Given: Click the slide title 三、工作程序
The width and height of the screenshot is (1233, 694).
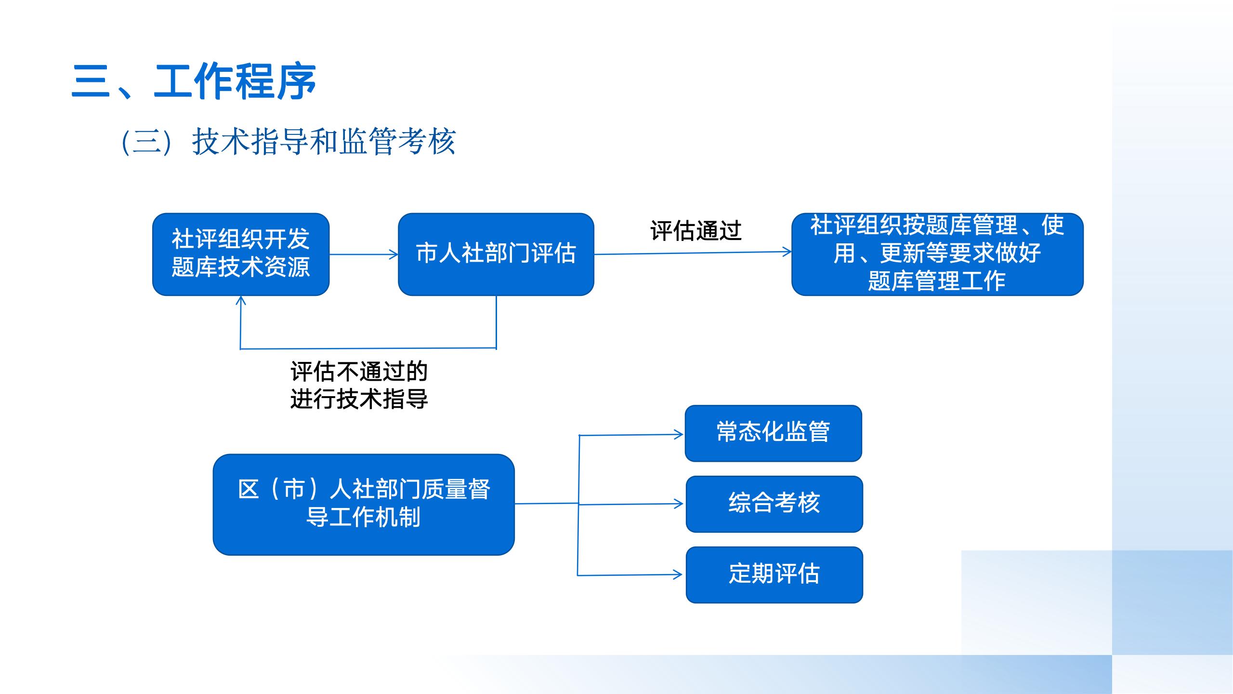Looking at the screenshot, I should point(194,81).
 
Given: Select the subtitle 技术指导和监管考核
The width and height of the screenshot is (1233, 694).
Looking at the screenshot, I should point(324,142).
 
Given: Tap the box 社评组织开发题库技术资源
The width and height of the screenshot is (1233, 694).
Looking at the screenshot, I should point(241,254).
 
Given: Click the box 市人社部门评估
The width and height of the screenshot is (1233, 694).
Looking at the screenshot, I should point(496,254).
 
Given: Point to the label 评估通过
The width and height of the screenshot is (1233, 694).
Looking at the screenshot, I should point(695,231).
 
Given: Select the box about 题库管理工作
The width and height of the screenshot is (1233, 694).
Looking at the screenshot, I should point(937,254).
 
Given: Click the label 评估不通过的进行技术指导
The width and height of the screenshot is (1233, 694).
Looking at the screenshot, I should point(359,385).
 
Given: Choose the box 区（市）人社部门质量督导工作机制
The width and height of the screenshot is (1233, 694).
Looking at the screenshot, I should point(364,504).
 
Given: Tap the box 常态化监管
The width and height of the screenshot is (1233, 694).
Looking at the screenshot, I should point(773,433).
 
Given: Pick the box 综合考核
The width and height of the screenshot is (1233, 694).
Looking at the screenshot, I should point(774,504).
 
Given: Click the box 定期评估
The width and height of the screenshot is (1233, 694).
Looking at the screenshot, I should point(774,574).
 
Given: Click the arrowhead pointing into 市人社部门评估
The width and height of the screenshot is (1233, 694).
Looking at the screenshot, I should point(394,254).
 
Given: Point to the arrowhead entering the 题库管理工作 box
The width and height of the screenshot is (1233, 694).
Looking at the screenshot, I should point(787,252).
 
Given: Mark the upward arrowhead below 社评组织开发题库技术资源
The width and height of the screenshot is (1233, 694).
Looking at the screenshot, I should point(241,301).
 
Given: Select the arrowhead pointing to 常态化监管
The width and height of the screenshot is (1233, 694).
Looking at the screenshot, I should point(679,435).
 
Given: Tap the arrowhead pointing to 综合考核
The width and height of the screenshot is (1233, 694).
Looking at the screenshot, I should point(679,504).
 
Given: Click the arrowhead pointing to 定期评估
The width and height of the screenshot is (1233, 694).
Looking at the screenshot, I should point(678,574).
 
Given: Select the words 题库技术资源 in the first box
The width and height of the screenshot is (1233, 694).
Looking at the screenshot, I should point(241,267).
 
